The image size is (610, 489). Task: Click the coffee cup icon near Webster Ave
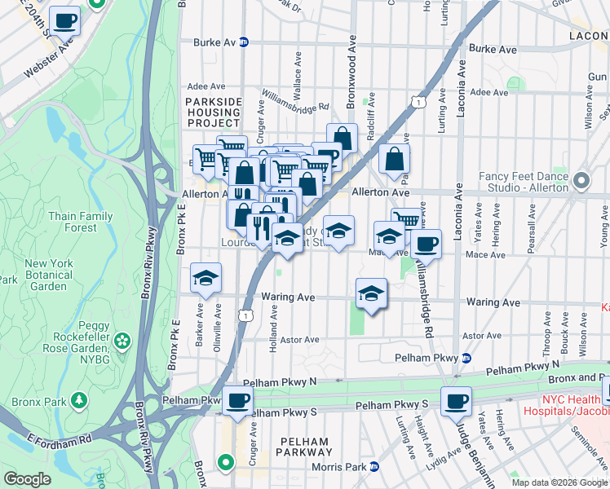click(64, 20)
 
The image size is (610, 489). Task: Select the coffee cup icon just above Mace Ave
click(425, 243)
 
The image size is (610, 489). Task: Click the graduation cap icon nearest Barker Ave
click(206, 278)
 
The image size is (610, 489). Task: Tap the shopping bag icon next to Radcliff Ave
click(394, 160)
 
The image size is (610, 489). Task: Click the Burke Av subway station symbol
click(244, 42)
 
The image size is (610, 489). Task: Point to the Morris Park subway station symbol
click(374, 466)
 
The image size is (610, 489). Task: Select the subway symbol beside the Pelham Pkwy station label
click(466, 357)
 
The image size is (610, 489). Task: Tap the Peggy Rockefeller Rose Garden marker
click(122, 339)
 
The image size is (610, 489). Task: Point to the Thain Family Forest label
click(80, 222)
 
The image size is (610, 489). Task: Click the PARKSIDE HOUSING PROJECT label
click(214, 111)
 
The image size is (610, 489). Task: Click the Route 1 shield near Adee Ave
click(418, 102)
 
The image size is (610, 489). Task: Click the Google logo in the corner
click(28, 478)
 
